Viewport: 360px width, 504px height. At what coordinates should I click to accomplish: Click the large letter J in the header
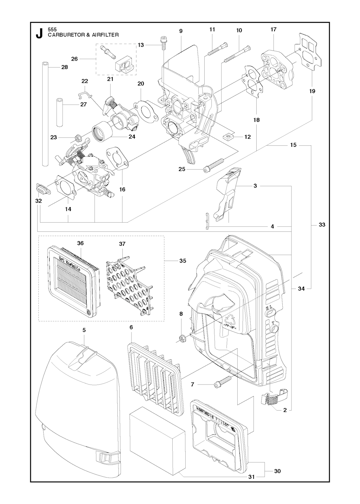coord(39,33)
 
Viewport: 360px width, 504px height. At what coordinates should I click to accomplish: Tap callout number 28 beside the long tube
coord(65,67)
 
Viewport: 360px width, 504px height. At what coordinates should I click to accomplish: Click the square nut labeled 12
coord(228,135)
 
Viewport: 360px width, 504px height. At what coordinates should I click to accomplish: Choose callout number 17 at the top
coord(274,30)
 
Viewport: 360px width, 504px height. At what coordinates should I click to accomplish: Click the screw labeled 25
coord(214,165)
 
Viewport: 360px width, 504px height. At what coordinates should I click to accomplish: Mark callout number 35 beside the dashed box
coord(182,261)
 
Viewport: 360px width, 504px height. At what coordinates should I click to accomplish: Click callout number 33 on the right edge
coord(322,225)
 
